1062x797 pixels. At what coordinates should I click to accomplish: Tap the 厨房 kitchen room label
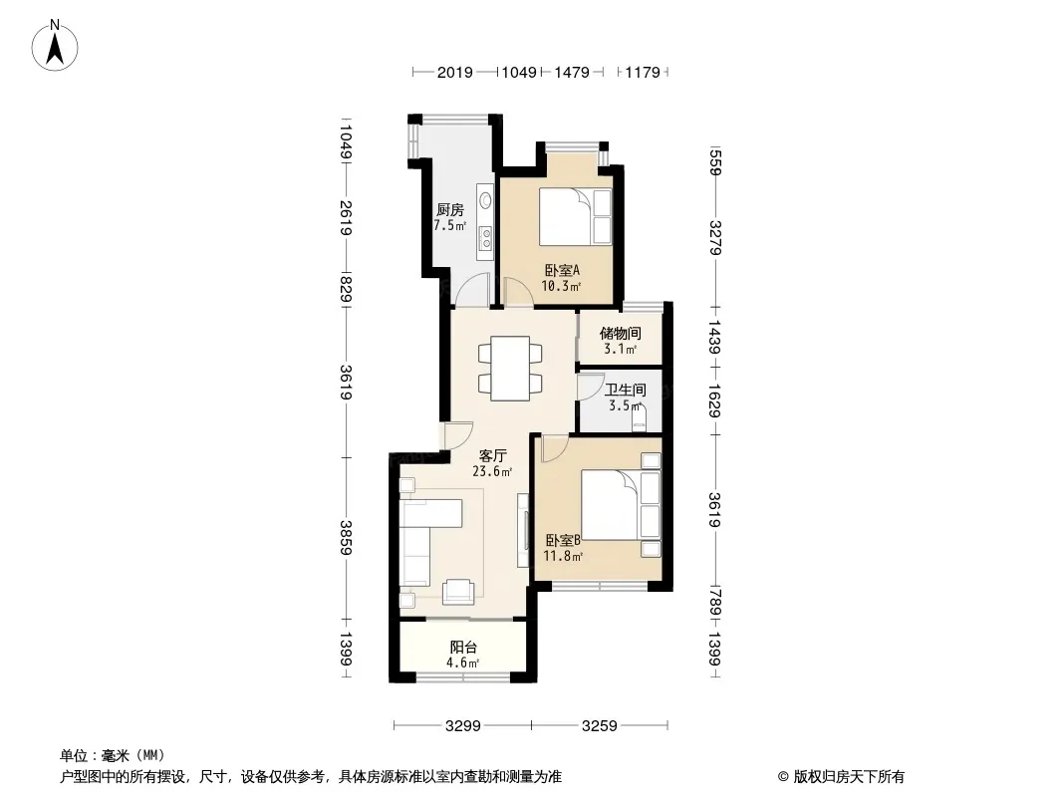pos(450,210)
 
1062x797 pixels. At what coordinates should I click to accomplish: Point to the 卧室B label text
pos(563,541)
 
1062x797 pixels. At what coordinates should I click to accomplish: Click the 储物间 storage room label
pos(620,334)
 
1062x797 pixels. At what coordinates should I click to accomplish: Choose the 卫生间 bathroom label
pos(626,391)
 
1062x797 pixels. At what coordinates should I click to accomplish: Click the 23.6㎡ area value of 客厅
pos(492,473)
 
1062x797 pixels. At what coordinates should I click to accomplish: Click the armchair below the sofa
pos(459,591)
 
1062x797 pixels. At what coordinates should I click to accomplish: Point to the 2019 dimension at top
pos(454,73)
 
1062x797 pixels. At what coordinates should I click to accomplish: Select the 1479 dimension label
pos(572,73)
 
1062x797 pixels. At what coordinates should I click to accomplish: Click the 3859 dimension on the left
pos(345,538)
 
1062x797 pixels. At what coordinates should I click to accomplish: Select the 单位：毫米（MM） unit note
pos(113,755)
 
